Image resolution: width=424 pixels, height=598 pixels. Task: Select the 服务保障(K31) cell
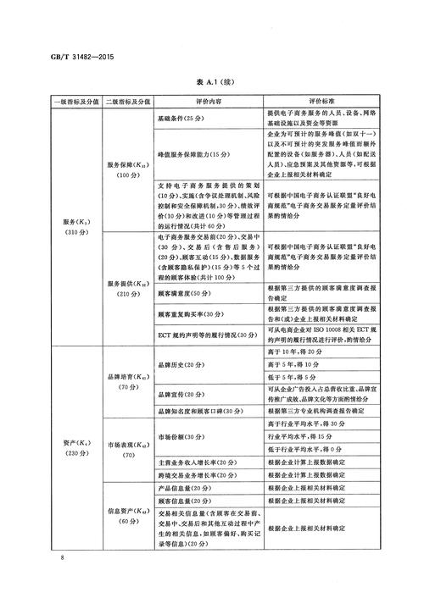click(128, 169)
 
